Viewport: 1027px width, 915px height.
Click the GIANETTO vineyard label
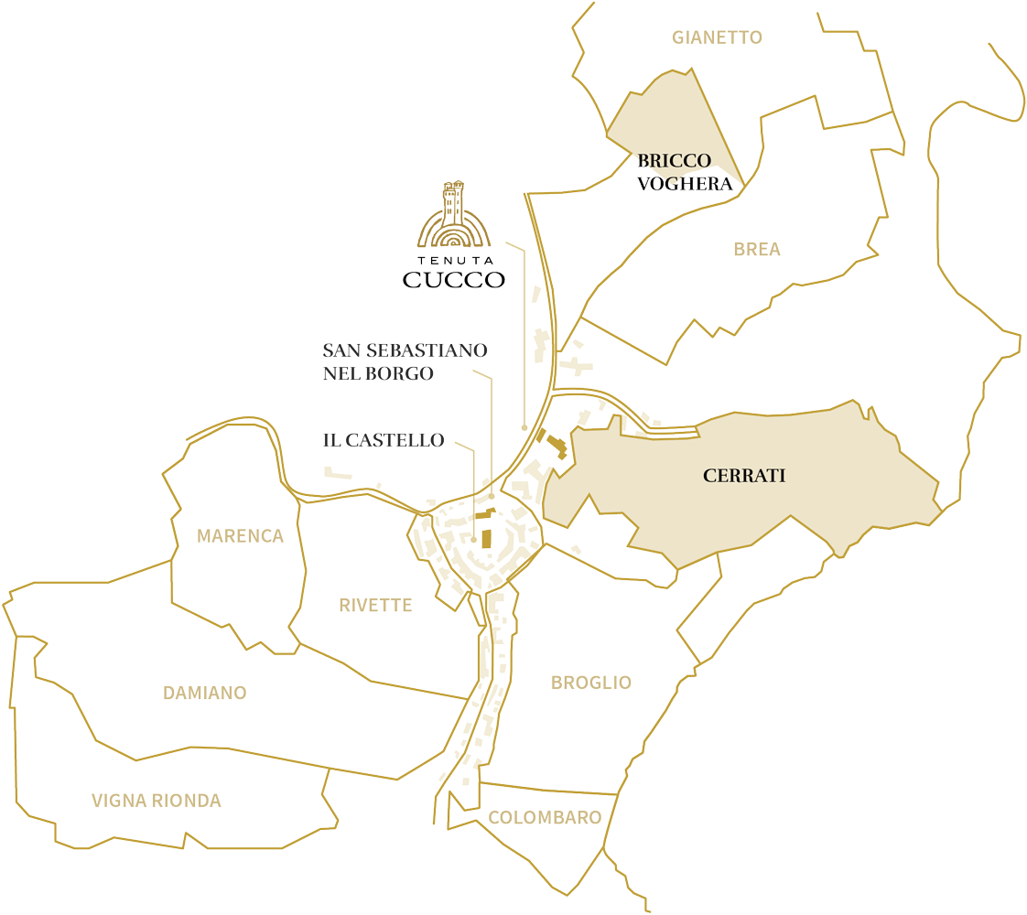point(717,38)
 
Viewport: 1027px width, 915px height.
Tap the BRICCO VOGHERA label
point(685,172)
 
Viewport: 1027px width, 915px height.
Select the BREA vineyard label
point(757,249)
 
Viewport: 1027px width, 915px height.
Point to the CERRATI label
point(744,476)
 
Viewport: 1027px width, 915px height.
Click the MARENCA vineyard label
point(241,536)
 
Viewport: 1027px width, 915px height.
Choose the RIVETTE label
point(375,605)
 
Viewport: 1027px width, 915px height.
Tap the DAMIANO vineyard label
point(204,693)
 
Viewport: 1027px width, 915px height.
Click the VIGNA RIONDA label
point(156,801)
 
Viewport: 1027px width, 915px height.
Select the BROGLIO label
point(591,683)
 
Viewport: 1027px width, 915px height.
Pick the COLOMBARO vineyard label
point(545,818)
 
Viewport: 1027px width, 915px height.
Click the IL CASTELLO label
point(384,440)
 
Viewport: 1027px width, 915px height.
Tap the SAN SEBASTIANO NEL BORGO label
point(405,361)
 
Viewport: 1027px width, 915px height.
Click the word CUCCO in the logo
point(454,280)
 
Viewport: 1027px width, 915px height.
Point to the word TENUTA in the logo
point(454,260)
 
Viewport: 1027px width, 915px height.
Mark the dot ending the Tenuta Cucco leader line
point(524,427)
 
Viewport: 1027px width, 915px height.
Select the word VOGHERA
point(686,183)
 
